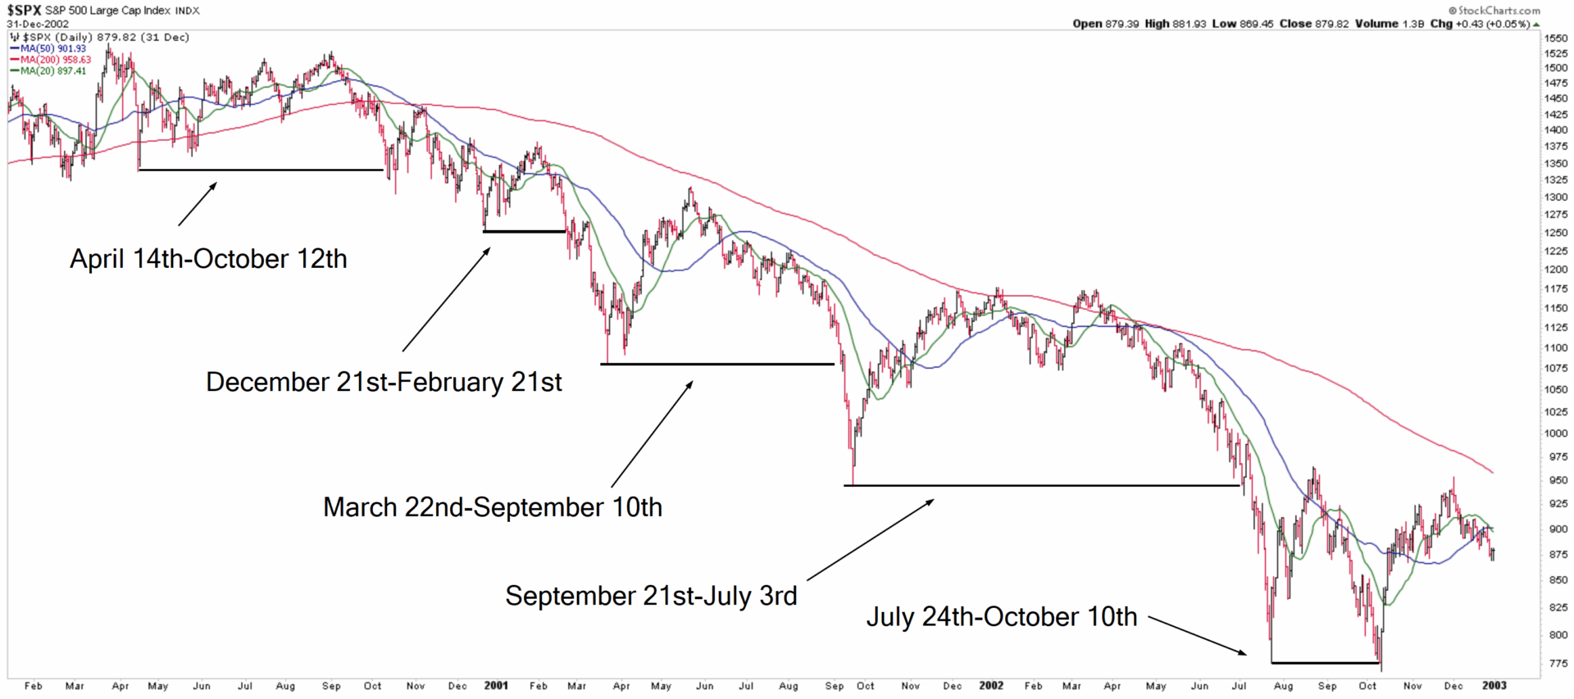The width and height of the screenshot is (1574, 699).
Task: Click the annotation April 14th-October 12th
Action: click(208, 259)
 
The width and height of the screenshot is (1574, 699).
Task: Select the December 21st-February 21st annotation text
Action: click(384, 382)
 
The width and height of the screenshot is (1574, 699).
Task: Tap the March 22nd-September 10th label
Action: click(492, 507)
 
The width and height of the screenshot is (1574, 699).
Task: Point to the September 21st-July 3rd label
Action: click(651, 596)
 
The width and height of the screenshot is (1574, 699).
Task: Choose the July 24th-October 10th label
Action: click(1002, 617)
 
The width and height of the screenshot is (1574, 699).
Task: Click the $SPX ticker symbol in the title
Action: click(25, 11)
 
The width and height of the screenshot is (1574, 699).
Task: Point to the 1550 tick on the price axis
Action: click(1555, 39)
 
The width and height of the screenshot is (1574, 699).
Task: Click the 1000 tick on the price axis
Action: click(1555, 433)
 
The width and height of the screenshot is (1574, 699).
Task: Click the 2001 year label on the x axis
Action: click(496, 686)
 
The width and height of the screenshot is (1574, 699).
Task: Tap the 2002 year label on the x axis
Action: click(991, 686)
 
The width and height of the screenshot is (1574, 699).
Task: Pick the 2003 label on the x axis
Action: click(1494, 686)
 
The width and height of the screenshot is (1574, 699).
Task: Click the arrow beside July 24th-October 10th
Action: click(1198, 635)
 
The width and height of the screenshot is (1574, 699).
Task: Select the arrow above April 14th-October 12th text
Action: click(198, 203)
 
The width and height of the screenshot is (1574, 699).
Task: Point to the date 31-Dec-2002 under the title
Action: click(38, 24)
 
